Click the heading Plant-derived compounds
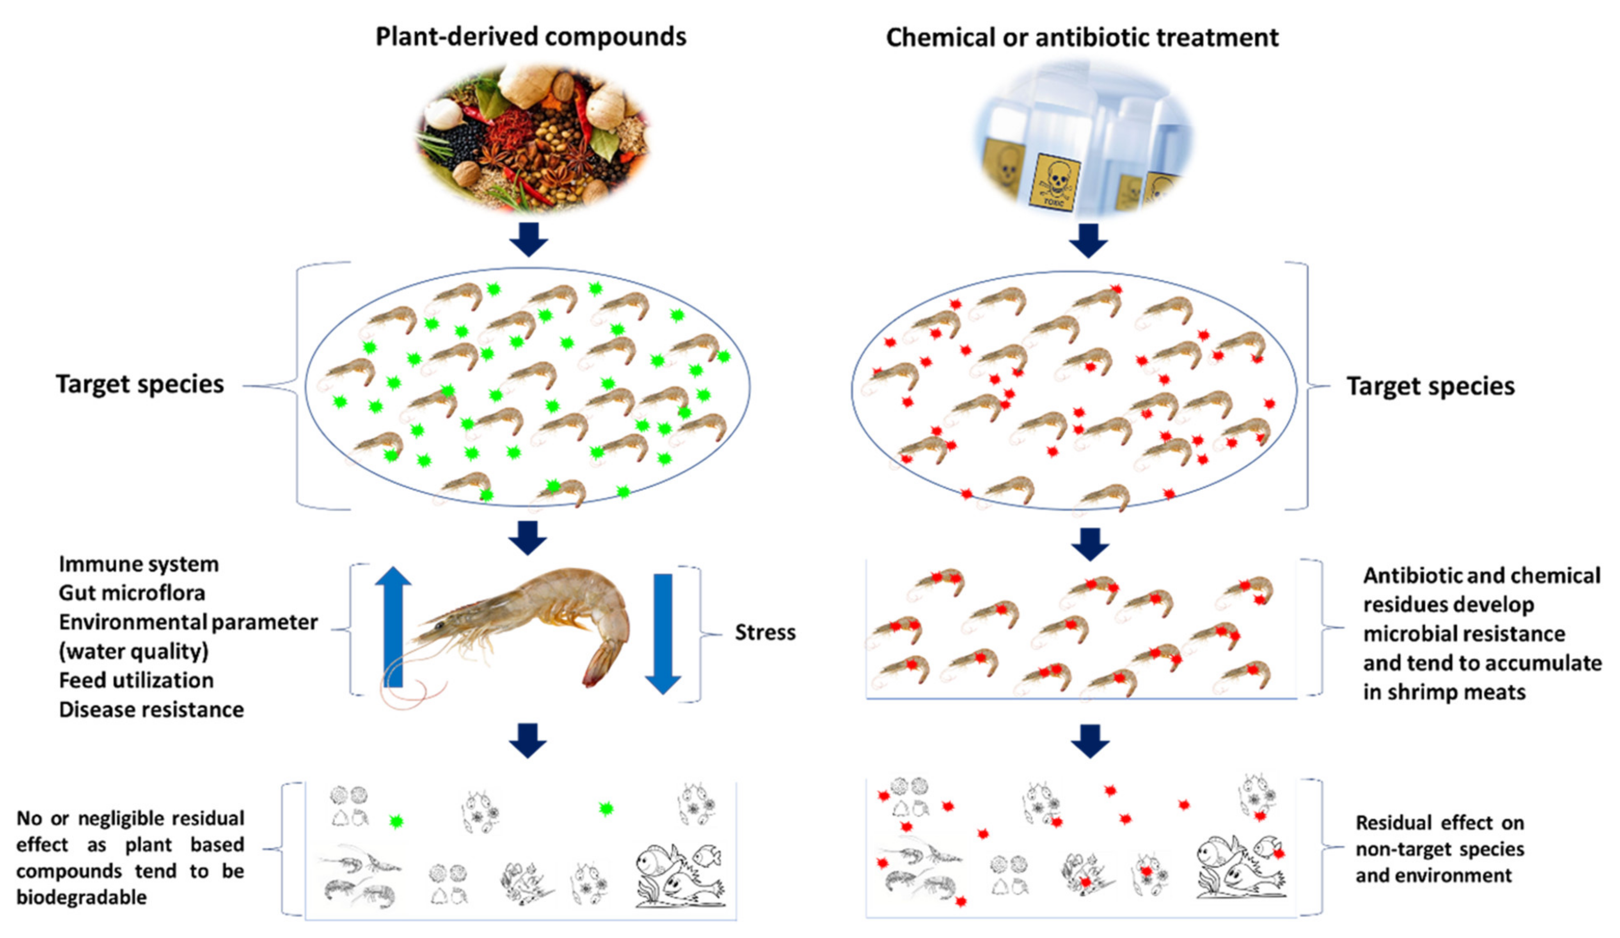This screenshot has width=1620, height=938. pos(530,36)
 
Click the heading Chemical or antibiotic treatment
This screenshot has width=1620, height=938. pos(1082,38)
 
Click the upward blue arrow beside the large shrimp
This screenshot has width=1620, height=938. pos(393,626)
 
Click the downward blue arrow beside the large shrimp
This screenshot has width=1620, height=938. pos(663,633)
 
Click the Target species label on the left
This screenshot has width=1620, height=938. pos(140,384)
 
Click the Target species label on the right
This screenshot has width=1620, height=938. pos(1430,386)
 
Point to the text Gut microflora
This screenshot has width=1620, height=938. pos(132,592)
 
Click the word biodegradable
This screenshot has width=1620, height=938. pos(82,897)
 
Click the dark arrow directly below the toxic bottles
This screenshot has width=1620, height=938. pos(1088,240)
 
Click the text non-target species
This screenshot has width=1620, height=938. pos(1440,849)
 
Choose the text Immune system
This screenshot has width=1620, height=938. pos(139,564)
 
